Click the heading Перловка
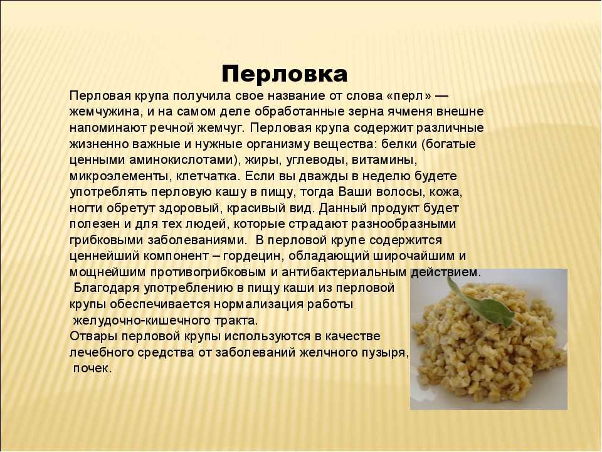(x=285, y=74)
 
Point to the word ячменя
(x=408, y=112)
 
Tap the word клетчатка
(x=208, y=176)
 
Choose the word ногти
(x=86, y=208)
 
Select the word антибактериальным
(x=344, y=272)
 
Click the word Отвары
(x=93, y=336)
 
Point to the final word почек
(x=92, y=369)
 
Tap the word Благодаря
(x=107, y=288)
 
